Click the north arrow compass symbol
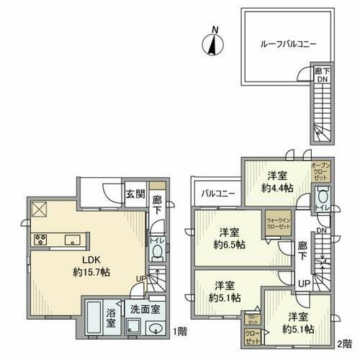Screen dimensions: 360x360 [x=211, y=42]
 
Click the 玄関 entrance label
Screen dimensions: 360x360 [x=135, y=194]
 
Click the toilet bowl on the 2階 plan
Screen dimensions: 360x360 [x=322, y=195]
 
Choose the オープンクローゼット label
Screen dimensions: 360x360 [x=320, y=171]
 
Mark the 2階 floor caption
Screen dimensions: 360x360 [x=348, y=344]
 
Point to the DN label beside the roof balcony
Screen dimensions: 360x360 [x=322, y=80]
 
